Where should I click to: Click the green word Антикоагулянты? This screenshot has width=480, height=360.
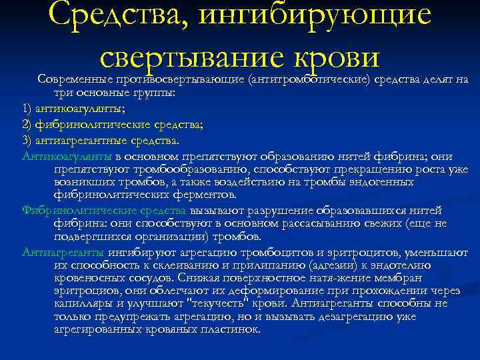point(67,156)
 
